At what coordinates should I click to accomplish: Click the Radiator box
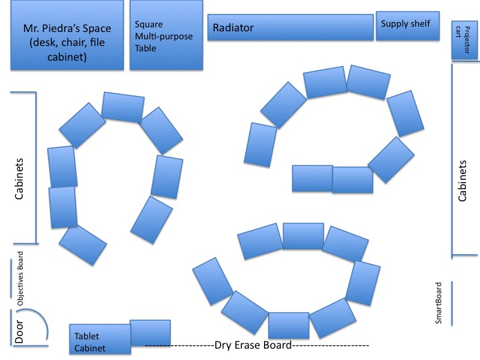click(x=290, y=27)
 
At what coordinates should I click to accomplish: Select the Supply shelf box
click(x=408, y=26)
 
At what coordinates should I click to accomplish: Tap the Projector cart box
click(x=465, y=40)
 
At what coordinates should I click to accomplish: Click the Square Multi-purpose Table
click(x=166, y=35)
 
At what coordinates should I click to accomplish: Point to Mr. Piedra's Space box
click(x=67, y=35)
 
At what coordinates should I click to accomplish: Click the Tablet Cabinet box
click(x=100, y=339)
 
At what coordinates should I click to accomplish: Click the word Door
click(x=19, y=331)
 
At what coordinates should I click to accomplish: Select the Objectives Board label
click(x=20, y=279)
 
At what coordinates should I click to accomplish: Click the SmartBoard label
click(x=439, y=303)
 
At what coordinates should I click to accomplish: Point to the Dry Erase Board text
click(x=253, y=345)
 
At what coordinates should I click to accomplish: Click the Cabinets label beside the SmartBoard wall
click(x=462, y=181)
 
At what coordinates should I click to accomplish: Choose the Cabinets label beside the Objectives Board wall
click(x=19, y=179)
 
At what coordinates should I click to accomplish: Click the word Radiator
click(x=233, y=28)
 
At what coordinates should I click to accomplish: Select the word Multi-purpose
click(x=164, y=37)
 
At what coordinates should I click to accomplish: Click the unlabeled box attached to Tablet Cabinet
click(x=150, y=333)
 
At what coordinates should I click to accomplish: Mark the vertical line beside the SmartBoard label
click(x=452, y=303)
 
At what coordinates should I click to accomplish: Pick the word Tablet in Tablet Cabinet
click(x=87, y=336)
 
